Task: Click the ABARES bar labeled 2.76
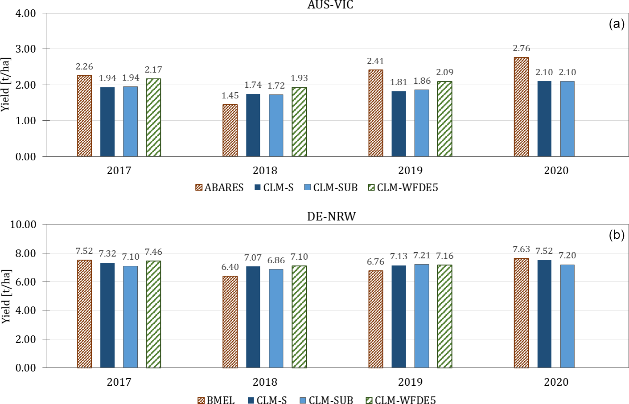pos(521,107)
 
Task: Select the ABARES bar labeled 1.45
pos(230,131)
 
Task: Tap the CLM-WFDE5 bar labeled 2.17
pos(153,118)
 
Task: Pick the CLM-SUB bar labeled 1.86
pos(422,123)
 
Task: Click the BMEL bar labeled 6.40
pos(230,322)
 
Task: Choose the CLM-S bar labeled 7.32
pos(107,315)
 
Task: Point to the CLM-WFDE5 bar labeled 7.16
pos(444,316)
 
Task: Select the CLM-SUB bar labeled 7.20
pos(567,316)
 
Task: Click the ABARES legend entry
pos(219,188)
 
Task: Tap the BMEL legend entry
pos(216,400)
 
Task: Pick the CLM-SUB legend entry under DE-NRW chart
pos(326,400)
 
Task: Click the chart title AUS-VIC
pos(330,5)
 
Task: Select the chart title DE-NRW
pos(331,216)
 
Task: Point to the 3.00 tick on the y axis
pos(25,49)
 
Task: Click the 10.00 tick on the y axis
pos(23,224)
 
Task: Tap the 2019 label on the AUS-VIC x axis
pos(410,171)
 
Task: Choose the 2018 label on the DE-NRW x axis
pos(265,382)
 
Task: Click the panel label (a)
pos(617,24)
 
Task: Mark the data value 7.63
pos(521,249)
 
